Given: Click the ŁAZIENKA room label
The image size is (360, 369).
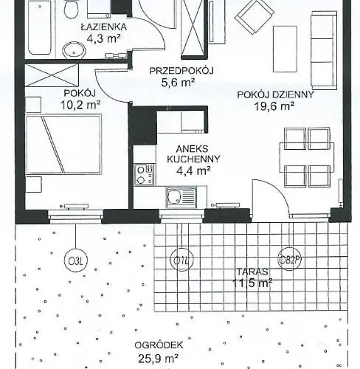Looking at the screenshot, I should tap(104, 27).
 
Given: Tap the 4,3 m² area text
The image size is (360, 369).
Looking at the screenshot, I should tap(104, 38).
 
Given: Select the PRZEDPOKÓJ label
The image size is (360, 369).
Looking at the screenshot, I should tap(181, 71).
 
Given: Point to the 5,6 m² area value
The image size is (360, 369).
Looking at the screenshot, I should tap(178, 83).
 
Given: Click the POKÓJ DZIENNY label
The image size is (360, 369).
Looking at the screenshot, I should tap(275, 94).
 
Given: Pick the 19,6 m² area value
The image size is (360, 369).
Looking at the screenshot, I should tap(277, 106).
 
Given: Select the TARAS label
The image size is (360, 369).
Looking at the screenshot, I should tap(252, 271).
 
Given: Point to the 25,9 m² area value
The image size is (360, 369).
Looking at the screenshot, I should tap(161, 359).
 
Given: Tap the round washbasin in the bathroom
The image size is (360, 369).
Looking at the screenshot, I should tap(73, 49).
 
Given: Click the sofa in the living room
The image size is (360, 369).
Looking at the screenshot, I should tap(323, 49).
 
